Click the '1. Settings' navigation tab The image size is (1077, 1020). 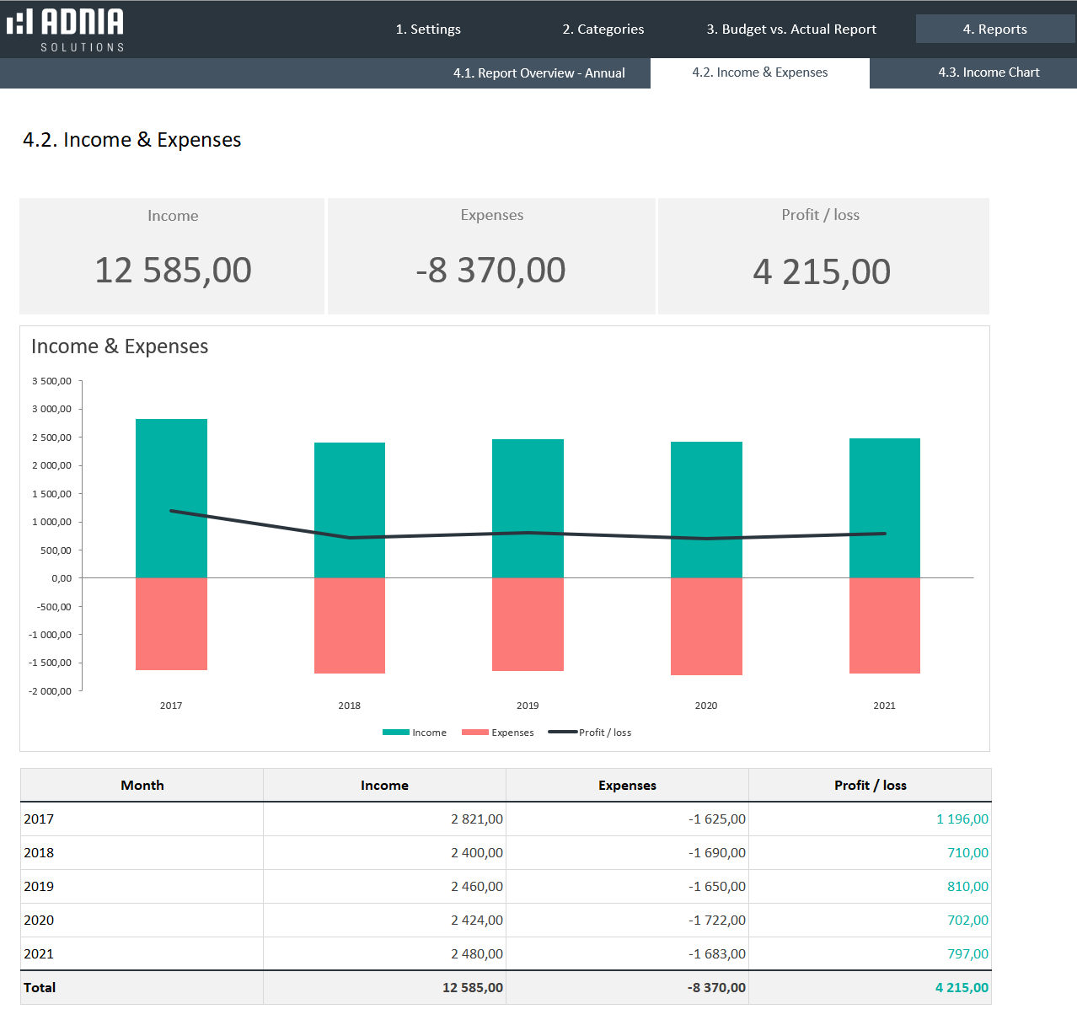(x=428, y=30)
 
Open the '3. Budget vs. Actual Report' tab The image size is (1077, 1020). (x=791, y=30)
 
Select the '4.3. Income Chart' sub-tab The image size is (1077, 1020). (x=989, y=72)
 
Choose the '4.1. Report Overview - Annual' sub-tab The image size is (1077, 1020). (x=538, y=73)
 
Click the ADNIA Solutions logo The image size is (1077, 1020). (x=66, y=30)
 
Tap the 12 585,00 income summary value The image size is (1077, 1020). (x=173, y=271)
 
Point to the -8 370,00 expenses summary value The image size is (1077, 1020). (x=491, y=271)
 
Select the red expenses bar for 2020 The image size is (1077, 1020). (x=706, y=626)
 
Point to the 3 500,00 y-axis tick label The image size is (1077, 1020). (x=51, y=381)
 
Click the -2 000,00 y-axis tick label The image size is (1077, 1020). (x=50, y=691)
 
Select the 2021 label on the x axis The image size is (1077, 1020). (x=884, y=706)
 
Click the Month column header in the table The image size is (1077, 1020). (x=142, y=786)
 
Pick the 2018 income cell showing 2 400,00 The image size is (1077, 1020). (x=476, y=853)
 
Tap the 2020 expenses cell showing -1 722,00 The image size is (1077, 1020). (x=716, y=921)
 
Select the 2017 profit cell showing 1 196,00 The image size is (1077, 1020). (x=962, y=819)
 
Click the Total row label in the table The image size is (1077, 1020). (x=40, y=988)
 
